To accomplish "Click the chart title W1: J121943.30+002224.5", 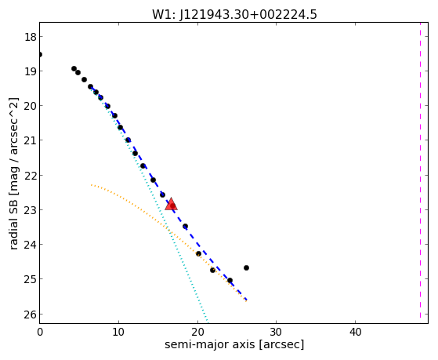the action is [x=234, y=14].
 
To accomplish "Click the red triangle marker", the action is [x=172, y=204].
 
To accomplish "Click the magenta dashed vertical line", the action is [x=420, y=170].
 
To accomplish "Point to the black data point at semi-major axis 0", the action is [x=40, y=54].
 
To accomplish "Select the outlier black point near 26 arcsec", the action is [x=246, y=267].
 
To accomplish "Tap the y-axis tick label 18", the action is [x=31, y=37].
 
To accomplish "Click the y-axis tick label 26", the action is [x=31, y=315].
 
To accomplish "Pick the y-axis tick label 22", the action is [x=31, y=176].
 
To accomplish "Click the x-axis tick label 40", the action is [x=355, y=332].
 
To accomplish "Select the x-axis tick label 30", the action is [x=277, y=332].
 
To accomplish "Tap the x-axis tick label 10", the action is [x=118, y=332].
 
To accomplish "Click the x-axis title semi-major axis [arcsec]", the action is [x=234, y=344].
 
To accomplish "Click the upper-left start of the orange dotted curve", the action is [x=92, y=185].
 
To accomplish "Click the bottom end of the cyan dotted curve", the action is [x=208, y=321].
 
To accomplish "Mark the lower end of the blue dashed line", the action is [x=246, y=300].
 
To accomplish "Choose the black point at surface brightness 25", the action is [x=230, y=280].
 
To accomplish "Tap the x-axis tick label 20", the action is [x=197, y=332].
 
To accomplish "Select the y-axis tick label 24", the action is [x=31, y=245].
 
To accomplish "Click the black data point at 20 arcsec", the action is [x=198, y=253].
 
